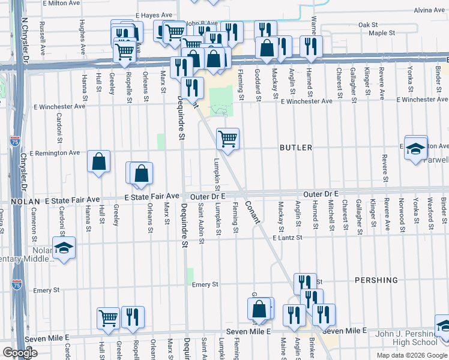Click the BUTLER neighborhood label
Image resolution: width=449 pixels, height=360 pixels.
click(295, 148)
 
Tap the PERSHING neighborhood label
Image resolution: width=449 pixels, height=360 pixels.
click(376, 280)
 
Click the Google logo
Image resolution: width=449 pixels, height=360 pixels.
click(20, 353)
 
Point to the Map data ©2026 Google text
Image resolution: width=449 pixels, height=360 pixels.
click(412, 355)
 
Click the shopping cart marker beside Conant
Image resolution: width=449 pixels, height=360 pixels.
click(228, 139)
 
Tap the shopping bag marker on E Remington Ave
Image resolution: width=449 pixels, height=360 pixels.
click(98, 161)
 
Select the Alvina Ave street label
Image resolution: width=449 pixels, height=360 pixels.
click(429, 10)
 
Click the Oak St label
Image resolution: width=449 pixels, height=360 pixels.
click(367, 25)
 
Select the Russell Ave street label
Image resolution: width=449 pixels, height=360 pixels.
click(41, 35)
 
